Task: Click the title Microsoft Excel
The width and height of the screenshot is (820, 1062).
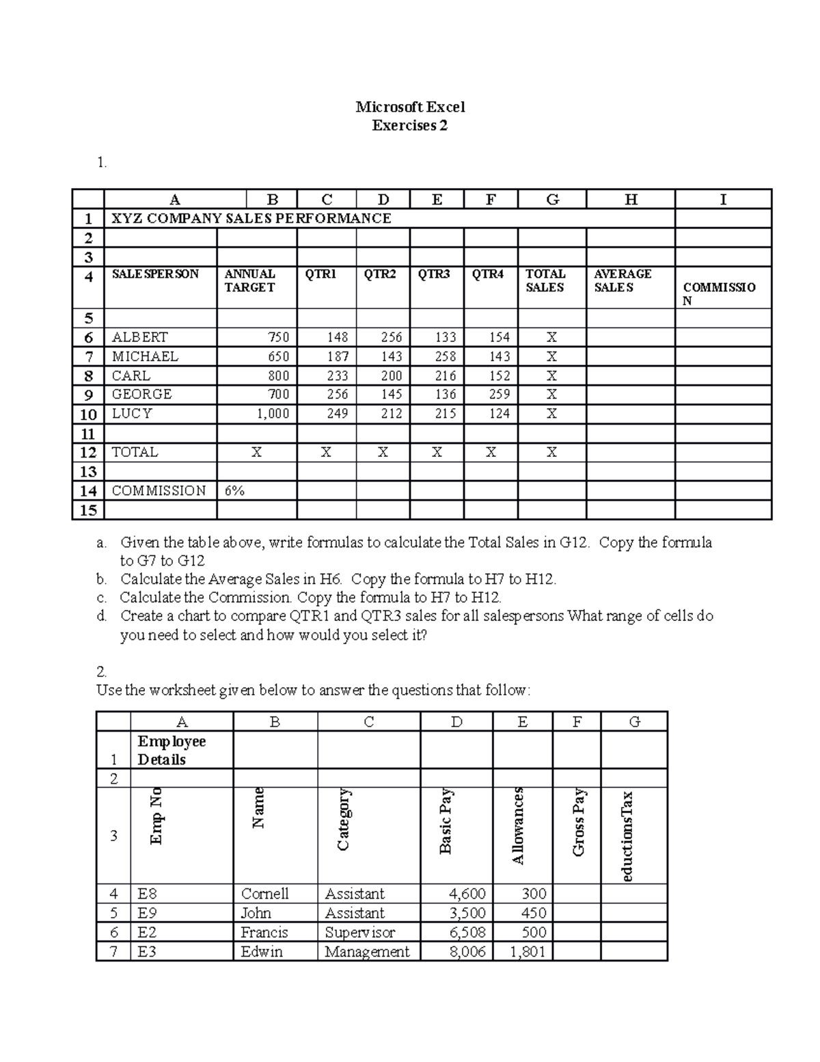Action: tap(410, 107)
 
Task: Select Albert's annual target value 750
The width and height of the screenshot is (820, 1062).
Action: tap(277, 337)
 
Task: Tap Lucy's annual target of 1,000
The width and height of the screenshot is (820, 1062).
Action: tap(273, 414)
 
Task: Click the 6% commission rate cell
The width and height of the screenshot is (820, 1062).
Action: tap(234, 490)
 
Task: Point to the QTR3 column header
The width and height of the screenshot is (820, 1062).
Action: tap(434, 274)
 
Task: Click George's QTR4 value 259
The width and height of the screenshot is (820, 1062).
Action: tap(500, 395)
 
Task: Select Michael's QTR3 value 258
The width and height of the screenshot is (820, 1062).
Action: tap(445, 356)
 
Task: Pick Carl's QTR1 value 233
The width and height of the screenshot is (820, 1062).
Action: tap(337, 375)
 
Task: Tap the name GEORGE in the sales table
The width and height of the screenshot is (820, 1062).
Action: tap(141, 395)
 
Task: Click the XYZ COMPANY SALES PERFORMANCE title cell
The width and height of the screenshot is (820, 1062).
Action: tap(251, 218)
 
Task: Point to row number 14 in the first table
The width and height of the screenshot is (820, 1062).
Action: tap(88, 491)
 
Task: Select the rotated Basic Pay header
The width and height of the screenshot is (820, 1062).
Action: tap(446, 821)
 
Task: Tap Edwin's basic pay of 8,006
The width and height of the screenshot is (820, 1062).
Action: tap(467, 951)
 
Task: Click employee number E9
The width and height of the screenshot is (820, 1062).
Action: tap(147, 913)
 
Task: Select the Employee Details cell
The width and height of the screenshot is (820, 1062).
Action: tap(172, 750)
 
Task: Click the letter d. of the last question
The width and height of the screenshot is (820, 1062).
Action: tap(102, 615)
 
